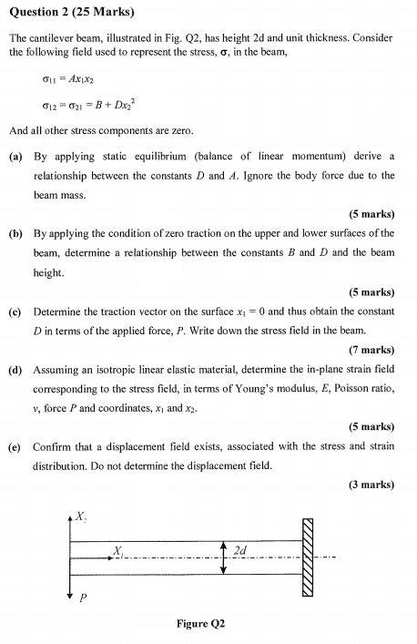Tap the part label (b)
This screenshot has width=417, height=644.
(x=15, y=234)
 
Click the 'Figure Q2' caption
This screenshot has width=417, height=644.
(x=201, y=624)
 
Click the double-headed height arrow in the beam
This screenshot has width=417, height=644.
(x=223, y=558)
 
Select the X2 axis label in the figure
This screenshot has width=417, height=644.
(x=81, y=517)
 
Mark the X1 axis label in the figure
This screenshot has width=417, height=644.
(x=117, y=550)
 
